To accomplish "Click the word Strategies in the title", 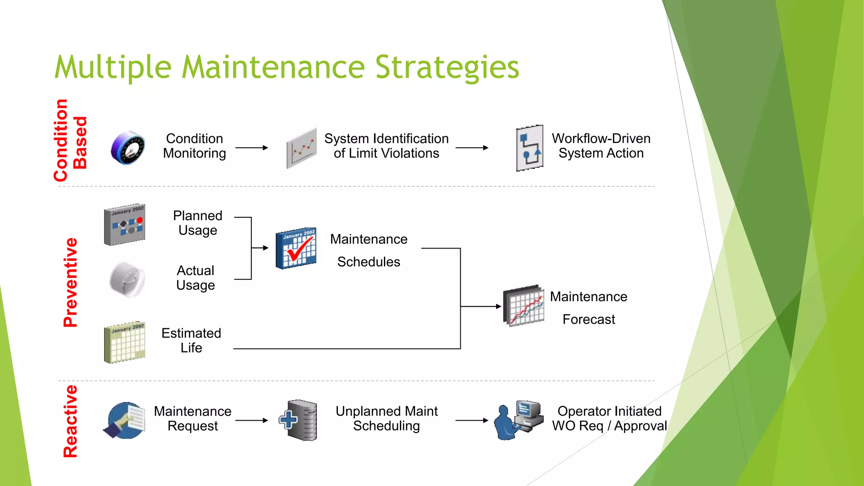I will (x=447, y=67).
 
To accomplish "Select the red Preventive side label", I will (x=70, y=283).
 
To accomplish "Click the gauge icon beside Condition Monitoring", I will (x=128, y=148).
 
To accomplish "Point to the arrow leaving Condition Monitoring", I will (x=251, y=148).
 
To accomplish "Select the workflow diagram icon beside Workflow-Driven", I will (x=529, y=148).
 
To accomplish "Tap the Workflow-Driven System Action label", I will (x=601, y=146).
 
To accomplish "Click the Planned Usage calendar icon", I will (x=125, y=225).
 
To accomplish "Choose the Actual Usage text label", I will (x=195, y=278).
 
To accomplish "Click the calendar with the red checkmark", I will (x=296, y=248).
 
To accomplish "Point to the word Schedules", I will (x=368, y=262).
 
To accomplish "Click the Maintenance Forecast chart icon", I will (x=524, y=306).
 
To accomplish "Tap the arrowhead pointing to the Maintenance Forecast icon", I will (x=498, y=306).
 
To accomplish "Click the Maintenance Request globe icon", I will (x=124, y=421).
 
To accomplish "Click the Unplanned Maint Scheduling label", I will (x=386, y=418).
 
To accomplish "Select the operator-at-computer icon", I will (x=518, y=420).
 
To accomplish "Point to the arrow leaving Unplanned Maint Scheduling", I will (x=472, y=420).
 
